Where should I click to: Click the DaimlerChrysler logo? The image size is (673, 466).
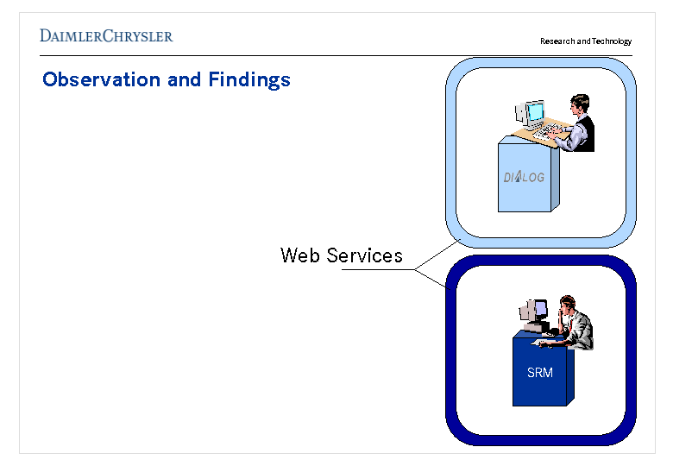(106, 36)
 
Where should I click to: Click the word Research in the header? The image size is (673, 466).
(557, 41)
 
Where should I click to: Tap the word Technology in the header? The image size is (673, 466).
(612, 41)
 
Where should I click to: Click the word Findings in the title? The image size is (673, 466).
(249, 80)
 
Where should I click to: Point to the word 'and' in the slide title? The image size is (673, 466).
(185, 80)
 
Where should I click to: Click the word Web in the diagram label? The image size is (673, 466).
(299, 255)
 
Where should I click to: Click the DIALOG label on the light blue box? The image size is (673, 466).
(524, 178)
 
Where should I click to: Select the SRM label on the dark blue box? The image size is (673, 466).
(540, 373)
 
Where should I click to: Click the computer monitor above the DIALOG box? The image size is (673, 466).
(535, 112)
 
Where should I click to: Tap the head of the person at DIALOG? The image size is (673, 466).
(580, 104)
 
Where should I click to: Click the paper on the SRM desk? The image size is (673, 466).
(544, 343)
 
